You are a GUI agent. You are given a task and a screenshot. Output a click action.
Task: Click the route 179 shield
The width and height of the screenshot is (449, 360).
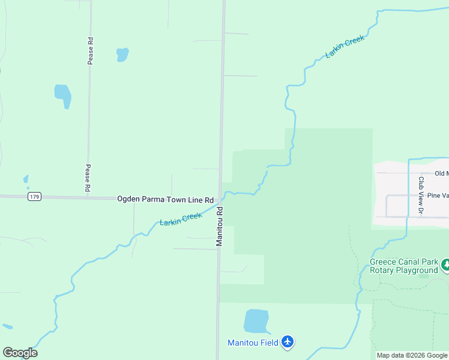[x=34, y=197]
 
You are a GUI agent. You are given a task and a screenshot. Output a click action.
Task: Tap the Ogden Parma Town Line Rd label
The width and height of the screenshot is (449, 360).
[x=165, y=199]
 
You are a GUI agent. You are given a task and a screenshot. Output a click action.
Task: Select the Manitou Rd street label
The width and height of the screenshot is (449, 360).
[x=220, y=227]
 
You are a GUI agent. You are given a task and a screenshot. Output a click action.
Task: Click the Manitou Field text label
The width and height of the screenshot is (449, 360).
[x=253, y=343]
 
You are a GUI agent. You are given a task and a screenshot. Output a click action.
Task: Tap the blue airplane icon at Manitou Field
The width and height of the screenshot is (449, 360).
[x=288, y=342]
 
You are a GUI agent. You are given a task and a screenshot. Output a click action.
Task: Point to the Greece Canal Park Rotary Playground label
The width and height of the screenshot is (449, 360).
[x=403, y=266]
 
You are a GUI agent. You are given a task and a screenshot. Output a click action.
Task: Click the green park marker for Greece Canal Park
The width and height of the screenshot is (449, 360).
[x=445, y=264]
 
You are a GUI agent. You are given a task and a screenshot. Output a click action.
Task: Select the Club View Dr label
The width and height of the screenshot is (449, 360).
[x=421, y=195]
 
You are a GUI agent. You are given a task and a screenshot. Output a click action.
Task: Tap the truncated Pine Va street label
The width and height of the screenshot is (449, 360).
[x=438, y=196]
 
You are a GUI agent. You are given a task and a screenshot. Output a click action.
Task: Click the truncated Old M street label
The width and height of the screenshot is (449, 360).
[x=442, y=173]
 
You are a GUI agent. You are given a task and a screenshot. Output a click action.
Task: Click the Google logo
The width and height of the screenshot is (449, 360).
[x=20, y=353]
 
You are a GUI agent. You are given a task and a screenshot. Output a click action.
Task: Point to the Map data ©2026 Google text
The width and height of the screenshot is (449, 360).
[x=412, y=355]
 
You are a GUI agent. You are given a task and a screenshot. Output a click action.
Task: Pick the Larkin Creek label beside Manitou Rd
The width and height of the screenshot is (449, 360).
[x=181, y=219]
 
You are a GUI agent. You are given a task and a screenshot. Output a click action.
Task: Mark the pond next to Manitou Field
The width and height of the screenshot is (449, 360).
[x=256, y=321]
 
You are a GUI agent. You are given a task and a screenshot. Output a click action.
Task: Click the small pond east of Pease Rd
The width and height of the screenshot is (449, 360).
[x=122, y=55]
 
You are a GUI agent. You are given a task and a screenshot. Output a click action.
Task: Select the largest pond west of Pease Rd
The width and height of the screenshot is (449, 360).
[x=63, y=95]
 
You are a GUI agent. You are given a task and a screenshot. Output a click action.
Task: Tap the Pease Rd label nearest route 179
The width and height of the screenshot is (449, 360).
[x=88, y=178]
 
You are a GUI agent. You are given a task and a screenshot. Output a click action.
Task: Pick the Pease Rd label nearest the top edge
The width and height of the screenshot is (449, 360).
[x=90, y=50]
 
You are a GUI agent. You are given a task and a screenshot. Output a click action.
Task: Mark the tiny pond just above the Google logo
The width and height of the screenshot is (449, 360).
[x=7, y=326]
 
